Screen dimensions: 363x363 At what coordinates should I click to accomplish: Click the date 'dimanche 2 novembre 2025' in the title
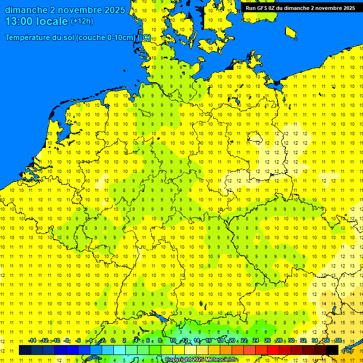tap(65, 10)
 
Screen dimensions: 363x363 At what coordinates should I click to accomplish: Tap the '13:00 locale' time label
tap(36, 21)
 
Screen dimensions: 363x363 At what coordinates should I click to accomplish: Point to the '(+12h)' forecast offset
tap(82, 21)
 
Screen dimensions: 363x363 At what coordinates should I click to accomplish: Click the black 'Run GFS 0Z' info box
tap(300, 8)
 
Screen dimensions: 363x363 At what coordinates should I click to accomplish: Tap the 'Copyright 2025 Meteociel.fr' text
tap(201, 360)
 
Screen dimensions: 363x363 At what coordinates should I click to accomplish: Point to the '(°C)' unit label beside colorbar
tap(347, 350)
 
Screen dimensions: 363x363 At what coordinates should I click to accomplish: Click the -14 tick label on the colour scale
tap(32, 341)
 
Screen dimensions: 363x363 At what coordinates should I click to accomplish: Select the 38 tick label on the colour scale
tap(338, 341)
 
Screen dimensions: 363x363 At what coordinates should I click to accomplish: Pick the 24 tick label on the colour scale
tap(256, 341)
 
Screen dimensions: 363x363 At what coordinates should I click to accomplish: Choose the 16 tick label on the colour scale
tap(208, 341)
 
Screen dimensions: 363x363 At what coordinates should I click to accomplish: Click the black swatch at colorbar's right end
tap(332, 350)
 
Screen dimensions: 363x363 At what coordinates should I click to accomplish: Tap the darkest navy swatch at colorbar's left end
tap(25, 350)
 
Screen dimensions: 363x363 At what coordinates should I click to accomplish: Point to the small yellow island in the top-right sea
tap(291, 32)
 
